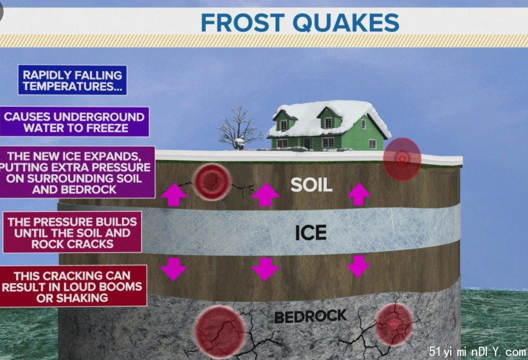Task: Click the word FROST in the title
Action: click(243, 23)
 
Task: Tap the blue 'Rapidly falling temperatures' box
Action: click(72, 80)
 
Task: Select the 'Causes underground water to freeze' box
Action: click(74, 122)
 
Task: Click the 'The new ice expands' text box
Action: click(77, 172)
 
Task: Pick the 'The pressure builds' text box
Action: click(72, 233)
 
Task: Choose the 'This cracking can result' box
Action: click(73, 286)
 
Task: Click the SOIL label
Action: click(311, 185)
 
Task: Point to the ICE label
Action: click(311, 233)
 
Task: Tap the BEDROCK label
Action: click(310, 316)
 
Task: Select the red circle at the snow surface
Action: click(402, 158)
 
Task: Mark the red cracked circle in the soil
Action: click(212, 182)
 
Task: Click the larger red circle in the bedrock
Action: click(220, 331)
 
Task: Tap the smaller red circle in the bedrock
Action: click(394, 324)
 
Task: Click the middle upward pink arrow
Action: click(266, 194)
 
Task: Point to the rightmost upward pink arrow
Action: click(359, 194)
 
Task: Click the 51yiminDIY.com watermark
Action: click(477, 352)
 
